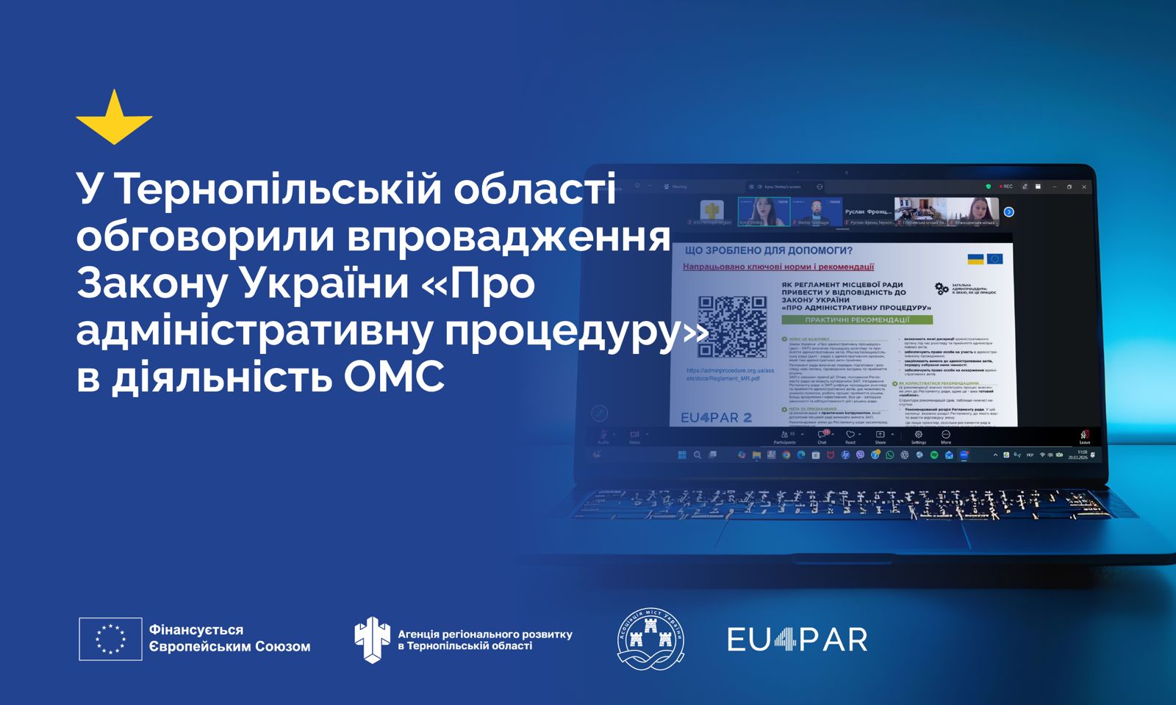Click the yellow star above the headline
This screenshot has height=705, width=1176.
[114, 119]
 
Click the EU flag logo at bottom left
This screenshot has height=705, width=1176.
[110, 639]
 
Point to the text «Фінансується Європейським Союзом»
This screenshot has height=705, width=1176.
[229, 638]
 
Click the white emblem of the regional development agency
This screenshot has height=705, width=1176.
[372, 639]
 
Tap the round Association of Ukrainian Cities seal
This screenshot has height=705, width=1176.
[650, 638]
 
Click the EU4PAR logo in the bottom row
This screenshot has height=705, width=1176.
[797, 639]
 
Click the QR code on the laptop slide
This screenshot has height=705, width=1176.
[731, 326]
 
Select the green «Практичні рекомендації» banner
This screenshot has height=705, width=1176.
[857, 320]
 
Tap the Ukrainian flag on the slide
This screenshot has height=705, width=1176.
[975, 259]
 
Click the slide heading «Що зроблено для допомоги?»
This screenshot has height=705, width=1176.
[769, 250]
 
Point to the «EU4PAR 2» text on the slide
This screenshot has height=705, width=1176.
[716, 417]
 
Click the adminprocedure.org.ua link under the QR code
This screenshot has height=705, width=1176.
[729, 375]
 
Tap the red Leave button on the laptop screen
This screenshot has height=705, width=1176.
[1084, 436]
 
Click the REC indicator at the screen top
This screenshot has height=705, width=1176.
[1005, 187]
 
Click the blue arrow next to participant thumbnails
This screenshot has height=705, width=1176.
[1009, 212]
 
